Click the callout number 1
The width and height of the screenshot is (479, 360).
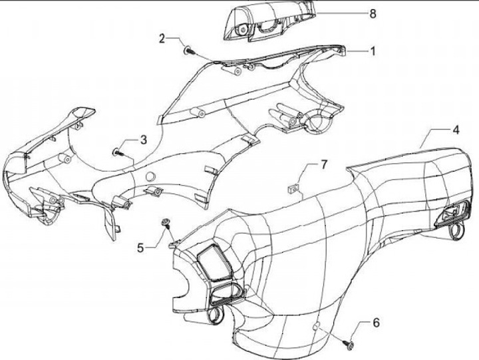(x=373, y=51)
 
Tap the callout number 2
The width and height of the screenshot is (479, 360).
(x=162, y=39)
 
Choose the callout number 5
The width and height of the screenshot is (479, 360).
(x=140, y=248)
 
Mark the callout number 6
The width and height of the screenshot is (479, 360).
(x=376, y=323)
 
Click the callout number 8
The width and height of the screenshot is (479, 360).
(x=372, y=13)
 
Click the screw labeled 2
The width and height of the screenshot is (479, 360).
(x=187, y=48)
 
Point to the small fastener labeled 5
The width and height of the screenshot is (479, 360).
(x=164, y=222)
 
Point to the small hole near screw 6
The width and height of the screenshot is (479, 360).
(x=318, y=325)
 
